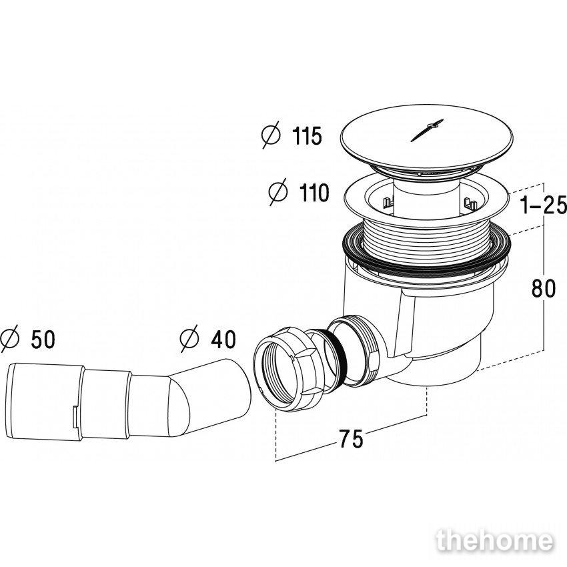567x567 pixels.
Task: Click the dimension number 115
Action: [x=307, y=136]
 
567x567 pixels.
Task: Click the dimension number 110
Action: [x=314, y=192]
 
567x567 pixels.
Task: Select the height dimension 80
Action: [x=544, y=289]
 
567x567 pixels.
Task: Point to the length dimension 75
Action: [x=351, y=439]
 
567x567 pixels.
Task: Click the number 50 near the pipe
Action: [x=43, y=339]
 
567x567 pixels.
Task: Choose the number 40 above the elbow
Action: [x=223, y=339]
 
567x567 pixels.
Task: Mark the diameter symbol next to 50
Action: [x=9, y=338]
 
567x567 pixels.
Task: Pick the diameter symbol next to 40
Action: [x=189, y=338]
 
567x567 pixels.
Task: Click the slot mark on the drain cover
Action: [x=427, y=130]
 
